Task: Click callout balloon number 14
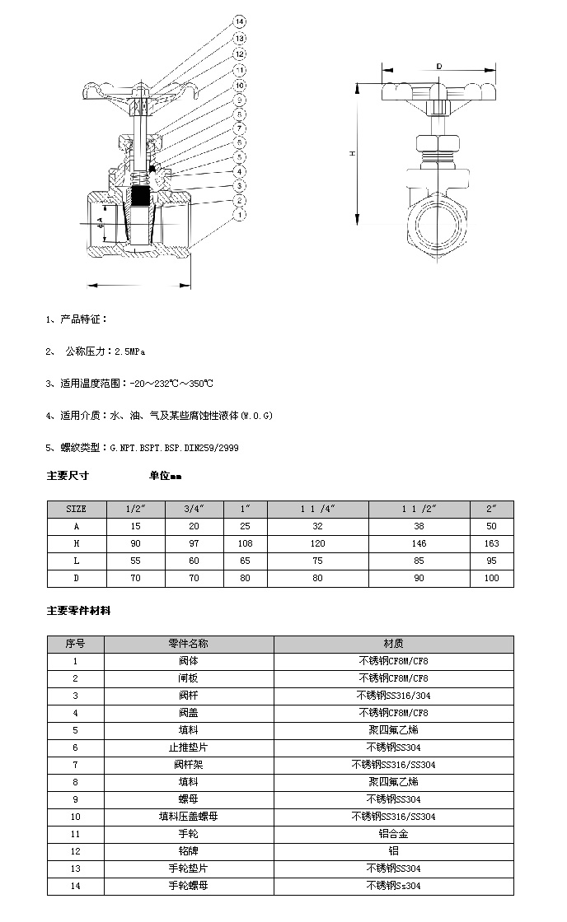tap(239, 21)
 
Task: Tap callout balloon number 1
tap(239, 216)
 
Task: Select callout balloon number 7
tap(239, 128)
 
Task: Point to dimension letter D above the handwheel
tap(438, 65)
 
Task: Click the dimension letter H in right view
tap(352, 154)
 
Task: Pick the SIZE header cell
tap(76, 509)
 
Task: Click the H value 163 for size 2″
tap(491, 543)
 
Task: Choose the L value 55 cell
tap(135, 561)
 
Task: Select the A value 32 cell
tap(317, 526)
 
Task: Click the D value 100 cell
tap(491, 578)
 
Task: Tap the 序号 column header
tap(75, 644)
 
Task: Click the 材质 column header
tap(393, 644)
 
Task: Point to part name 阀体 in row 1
tap(189, 661)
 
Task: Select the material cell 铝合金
tap(393, 834)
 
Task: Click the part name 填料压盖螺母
tap(189, 817)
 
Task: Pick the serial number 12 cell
tap(75, 851)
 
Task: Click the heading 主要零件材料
tap(78, 611)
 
